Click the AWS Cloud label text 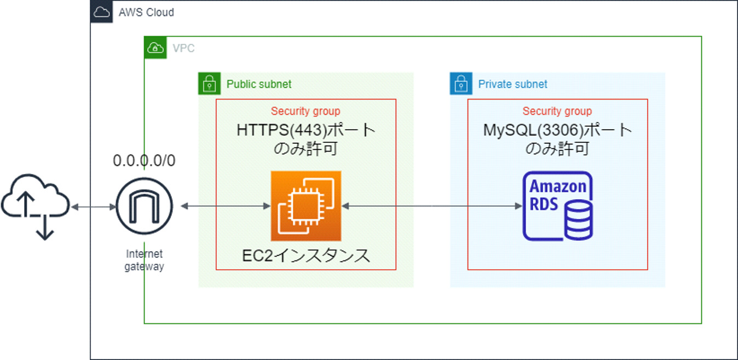(x=146, y=12)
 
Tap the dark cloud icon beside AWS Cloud (x=102, y=12)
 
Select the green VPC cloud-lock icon (x=155, y=48)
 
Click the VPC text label (x=183, y=49)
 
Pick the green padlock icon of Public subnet (x=209, y=84)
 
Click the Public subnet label (x=259, y=84)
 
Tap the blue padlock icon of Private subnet (x=460, y=84)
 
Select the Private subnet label (x=512, y=84)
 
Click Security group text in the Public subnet (x=305, y=112)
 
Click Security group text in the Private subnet (x=557, y=112)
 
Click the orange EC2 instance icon (x=306, y=206)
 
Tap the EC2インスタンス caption (x=306, y=256)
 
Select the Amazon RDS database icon (x=557, y=206)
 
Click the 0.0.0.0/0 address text (x=144, y=160)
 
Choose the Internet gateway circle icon (x=144, y=206)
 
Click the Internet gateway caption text (x=144, y=260)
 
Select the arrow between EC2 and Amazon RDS (x=431, y=206)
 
